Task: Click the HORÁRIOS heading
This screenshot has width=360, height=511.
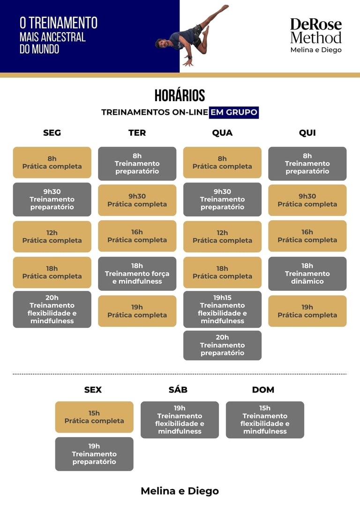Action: tap(180, 96)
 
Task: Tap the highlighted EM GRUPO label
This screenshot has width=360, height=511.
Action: tap(233, 112)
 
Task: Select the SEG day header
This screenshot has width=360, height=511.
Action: tap(52, 133)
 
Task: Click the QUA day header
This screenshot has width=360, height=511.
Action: tap(222, 133)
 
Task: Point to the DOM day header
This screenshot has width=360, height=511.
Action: tap(263, 390)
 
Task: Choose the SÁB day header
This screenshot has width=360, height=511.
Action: tap(178, 390)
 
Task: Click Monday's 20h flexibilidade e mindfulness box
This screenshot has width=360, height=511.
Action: tap(52, 309)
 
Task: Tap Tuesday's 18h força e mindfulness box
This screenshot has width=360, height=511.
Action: tap(137, 274)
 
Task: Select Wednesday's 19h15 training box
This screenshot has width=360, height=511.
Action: tap(222, 309)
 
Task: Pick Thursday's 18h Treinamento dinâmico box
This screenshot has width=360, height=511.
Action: tap(307, 274)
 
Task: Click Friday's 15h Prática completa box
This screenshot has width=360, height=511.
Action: tap(94, 417)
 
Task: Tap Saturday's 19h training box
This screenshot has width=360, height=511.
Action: tap(180, 420)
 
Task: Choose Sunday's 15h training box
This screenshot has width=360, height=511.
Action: tap(265, 420)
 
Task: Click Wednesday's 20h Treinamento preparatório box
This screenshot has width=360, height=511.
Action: tap(222, 345)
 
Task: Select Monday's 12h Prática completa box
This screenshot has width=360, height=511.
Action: tap(52, 237)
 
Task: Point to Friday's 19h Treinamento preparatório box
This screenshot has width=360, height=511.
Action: tap(94, 454)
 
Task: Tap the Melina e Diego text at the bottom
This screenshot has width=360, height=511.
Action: tap(180, 491)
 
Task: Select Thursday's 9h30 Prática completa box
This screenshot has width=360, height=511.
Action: tap(307, 200)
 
